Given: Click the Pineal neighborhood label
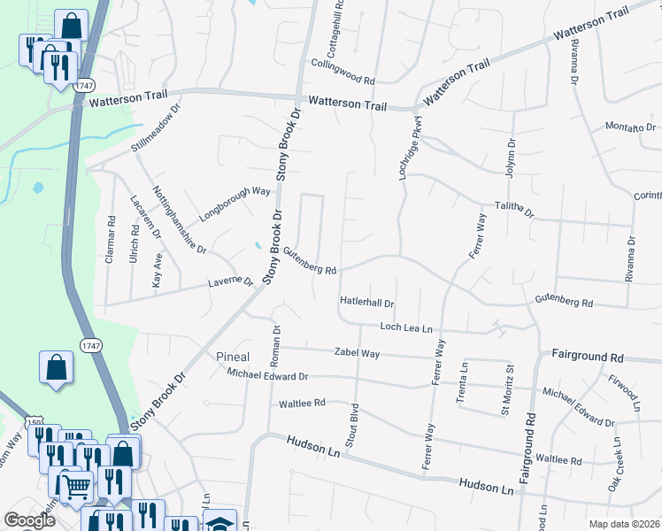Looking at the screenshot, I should coord(234,357).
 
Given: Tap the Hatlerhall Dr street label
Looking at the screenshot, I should coord(366,302).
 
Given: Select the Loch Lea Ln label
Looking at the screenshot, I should coord(405,327).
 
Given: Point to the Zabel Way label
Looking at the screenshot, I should coord(357,352).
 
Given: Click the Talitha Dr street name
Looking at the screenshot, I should coord(514,208).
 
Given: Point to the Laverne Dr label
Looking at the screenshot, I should coord(229,283).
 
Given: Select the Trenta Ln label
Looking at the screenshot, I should coord(462,382).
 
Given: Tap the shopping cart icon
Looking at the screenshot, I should coord(75,485).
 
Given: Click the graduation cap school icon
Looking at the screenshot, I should coord(219,522).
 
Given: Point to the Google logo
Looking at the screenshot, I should coord(29,521).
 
